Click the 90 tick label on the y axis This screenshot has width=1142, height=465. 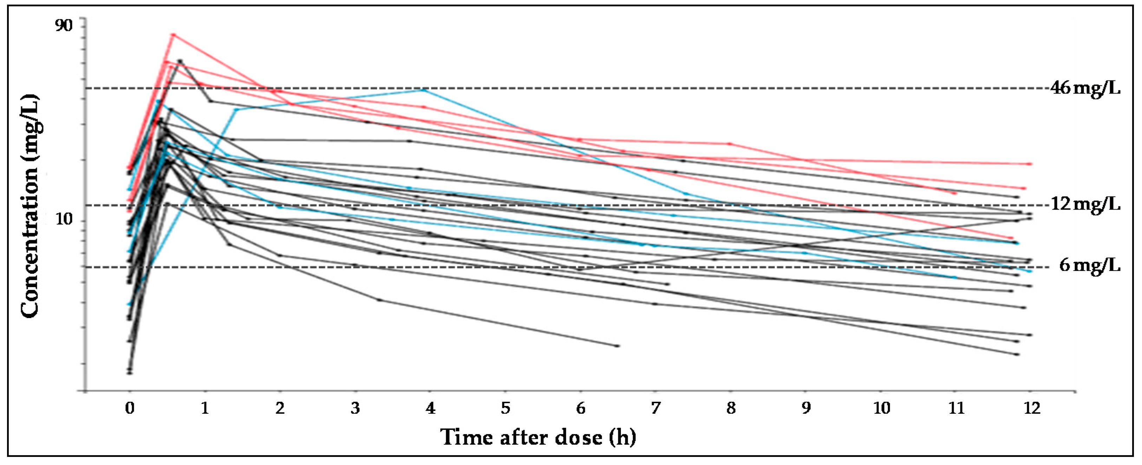point(63,26)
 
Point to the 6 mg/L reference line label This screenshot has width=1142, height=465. point(1089,265)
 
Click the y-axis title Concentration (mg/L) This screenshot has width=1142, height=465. point(30,206)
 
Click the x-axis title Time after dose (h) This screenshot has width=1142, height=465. point(538,437)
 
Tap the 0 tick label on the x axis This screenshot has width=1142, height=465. point(130,407)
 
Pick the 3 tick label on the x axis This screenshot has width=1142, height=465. point(355,407)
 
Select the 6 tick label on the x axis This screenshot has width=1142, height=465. point(581,407)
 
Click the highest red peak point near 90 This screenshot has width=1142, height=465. point(173,34)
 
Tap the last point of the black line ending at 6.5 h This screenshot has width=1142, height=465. point(618,345)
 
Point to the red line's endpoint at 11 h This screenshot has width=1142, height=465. point(955,193)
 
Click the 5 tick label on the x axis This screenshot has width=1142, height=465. point(505,407)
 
